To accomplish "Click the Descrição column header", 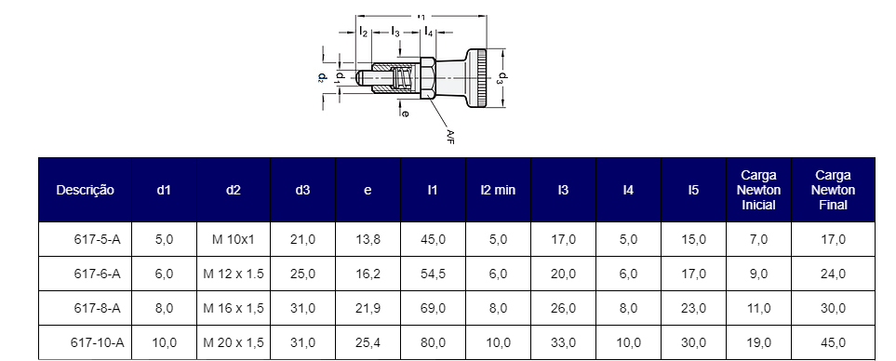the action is point(86,190).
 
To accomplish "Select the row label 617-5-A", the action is point(97,240).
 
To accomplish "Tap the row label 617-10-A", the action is point(97,342).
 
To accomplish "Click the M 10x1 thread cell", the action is point(234,240).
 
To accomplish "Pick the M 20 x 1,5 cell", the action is point(234,342).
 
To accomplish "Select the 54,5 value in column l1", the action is point(434,274).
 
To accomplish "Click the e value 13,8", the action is point(368,240).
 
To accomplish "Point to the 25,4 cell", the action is point(368,342).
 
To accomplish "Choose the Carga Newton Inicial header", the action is point(758,190).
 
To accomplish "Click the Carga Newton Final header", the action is point(833,190).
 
